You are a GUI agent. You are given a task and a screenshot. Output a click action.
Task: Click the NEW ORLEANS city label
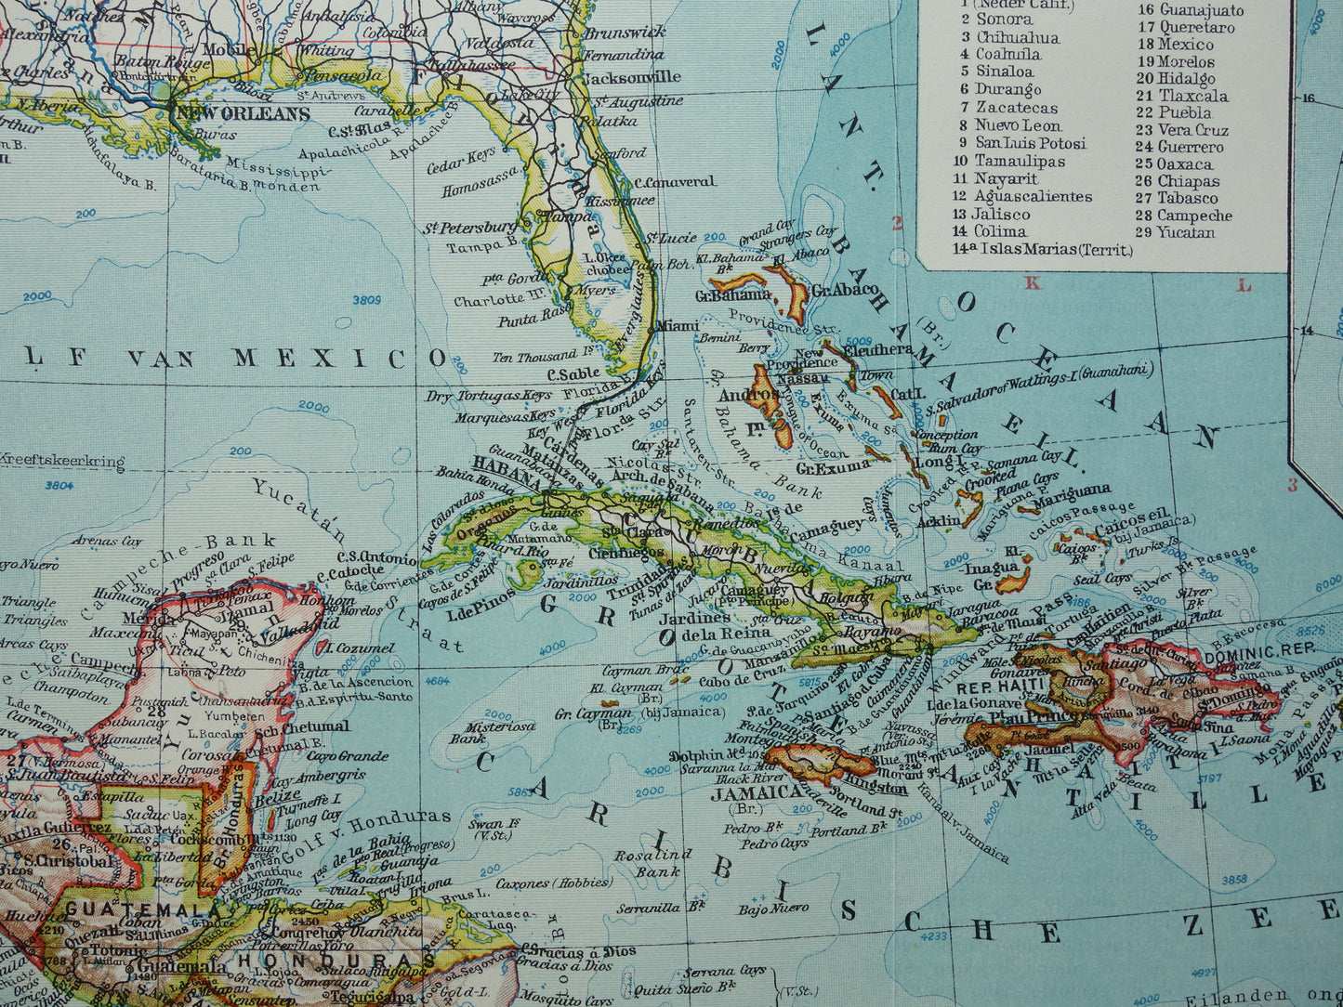tap(240, 113)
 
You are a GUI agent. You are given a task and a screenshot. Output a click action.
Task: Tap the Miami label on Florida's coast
tap(678, 326)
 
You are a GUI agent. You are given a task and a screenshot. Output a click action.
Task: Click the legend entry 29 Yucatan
tap(1175, 232)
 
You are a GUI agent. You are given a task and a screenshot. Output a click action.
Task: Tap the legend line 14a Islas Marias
tap(1042, 249)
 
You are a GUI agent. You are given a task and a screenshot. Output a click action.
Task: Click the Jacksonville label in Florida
tap(632, 77)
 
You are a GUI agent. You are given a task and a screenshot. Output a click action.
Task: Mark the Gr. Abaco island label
tap(844, 289)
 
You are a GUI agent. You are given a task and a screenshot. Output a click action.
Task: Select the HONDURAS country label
tap(335, 960)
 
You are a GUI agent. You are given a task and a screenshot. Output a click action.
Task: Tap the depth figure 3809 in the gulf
tap(367, 300)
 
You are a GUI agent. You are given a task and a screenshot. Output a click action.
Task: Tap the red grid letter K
tap(1031, 283)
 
